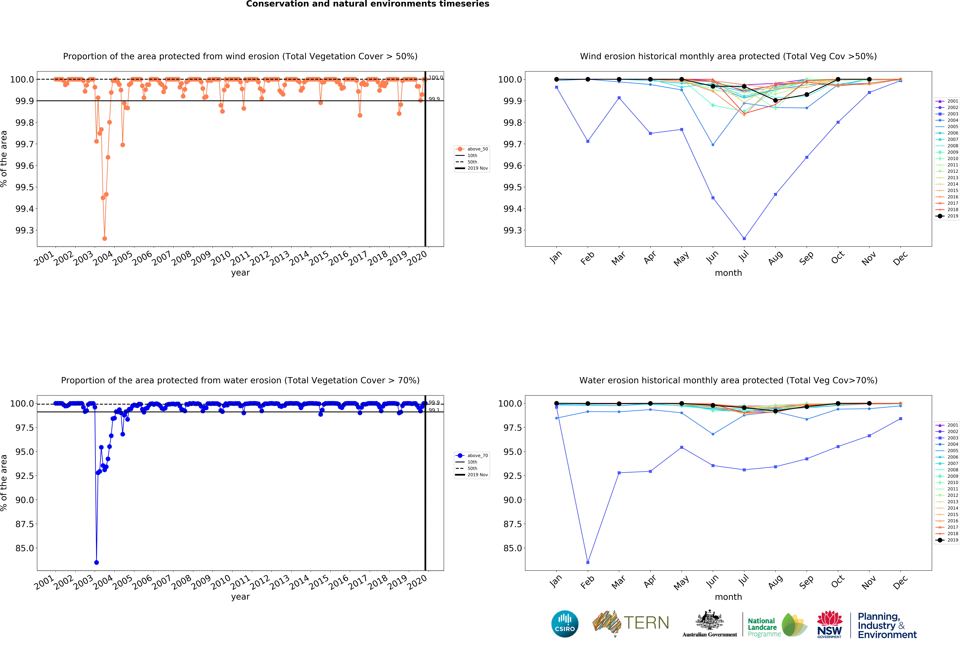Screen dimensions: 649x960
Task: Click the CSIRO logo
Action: click(x=565, y=624)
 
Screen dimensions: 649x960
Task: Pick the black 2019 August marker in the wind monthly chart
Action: click(x=775, y=100)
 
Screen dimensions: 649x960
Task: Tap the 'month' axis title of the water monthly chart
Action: click(x=728, y=597)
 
